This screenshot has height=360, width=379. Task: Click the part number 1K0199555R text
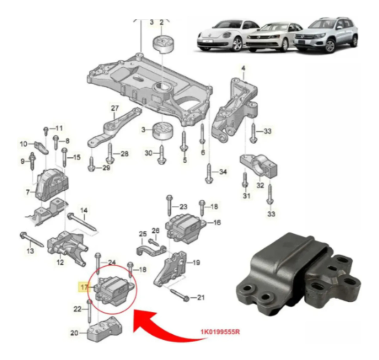coord(220,332)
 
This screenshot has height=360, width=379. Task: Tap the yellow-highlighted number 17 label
coord(84,287)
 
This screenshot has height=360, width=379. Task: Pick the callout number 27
coord(115,108)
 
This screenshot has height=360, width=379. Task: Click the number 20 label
coord(74,333)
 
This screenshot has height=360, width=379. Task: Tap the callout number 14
coord(84,210)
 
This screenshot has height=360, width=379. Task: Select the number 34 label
coord(223,172)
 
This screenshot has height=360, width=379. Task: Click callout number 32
coord(260,186)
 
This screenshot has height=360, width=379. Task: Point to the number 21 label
coord(201,297)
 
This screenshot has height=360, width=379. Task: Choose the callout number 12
coord(60,262)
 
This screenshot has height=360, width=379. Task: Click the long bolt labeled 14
coord(82,222)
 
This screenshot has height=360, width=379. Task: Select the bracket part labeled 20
coord(104,329)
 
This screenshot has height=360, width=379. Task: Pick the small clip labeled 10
coord(41,147)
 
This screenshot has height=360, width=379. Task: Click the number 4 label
coord(243,68)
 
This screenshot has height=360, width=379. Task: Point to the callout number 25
coord(143,234)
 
